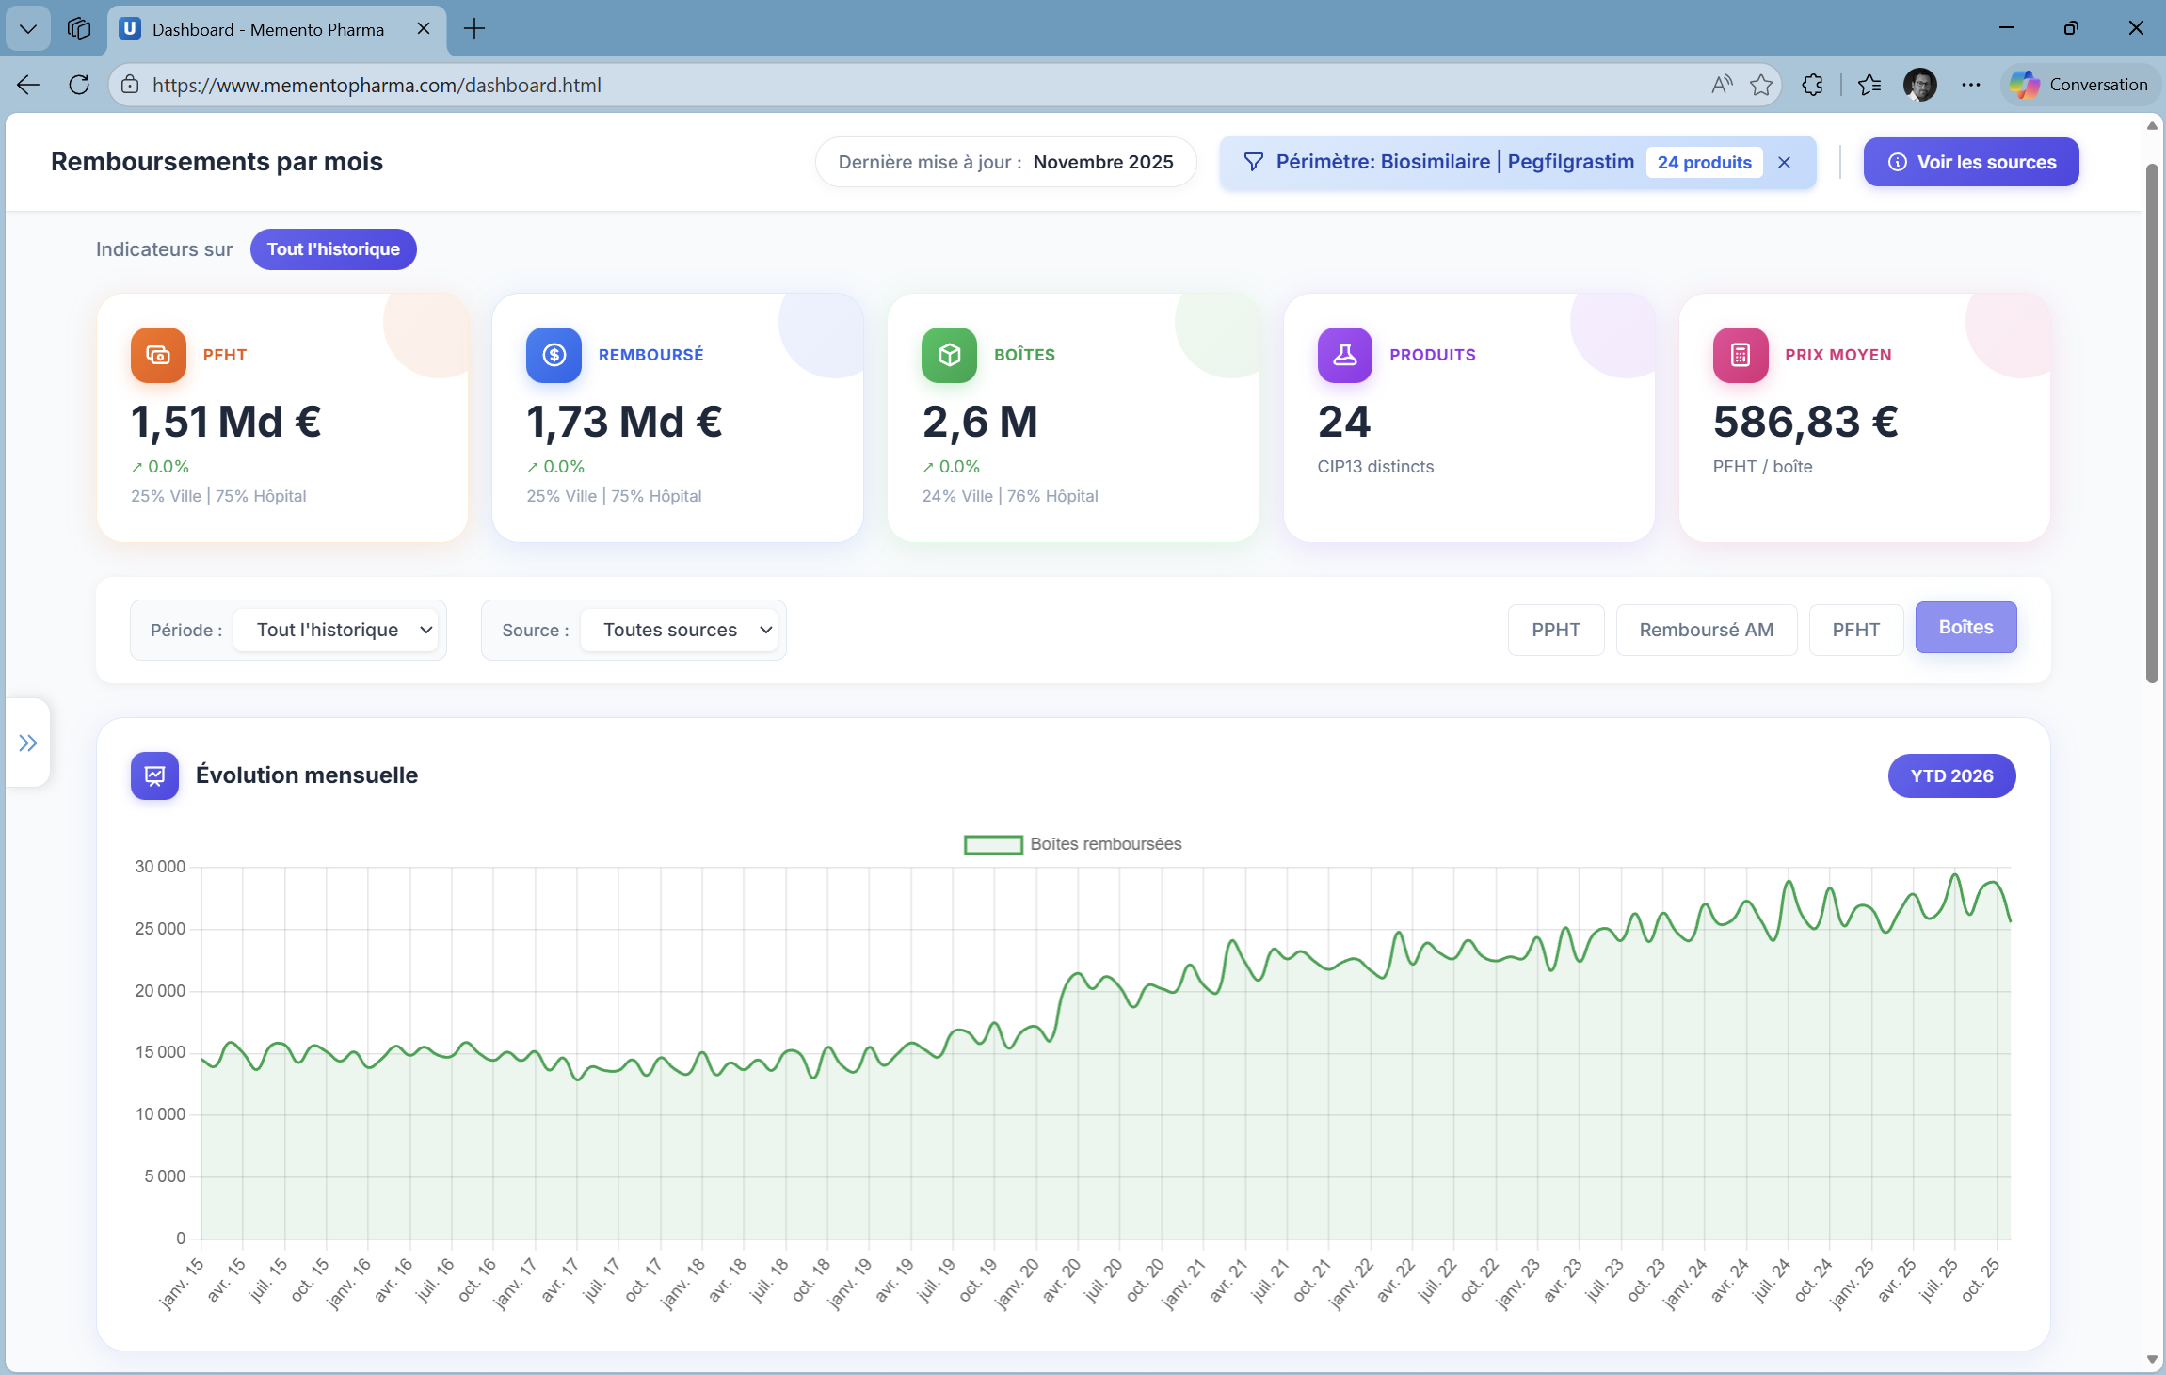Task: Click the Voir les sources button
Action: point(1970,162)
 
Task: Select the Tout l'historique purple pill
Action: point(333,249)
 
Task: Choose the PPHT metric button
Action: point(1555,630)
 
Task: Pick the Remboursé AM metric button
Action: point(1706,630)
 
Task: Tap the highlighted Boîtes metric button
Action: point(1965,628)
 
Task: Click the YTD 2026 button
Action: point(1951,775)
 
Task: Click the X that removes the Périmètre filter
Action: point(1784,162)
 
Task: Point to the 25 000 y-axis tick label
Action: point(160,929)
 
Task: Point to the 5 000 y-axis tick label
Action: point(165,1176)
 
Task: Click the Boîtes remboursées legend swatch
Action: point(993,844)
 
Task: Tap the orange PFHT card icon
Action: point(158,355)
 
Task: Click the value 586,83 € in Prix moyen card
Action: point(1805,422)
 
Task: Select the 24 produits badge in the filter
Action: point(1704,162)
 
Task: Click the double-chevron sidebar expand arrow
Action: point(28,743)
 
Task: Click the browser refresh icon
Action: point(79,85)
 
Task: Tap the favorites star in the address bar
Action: point(1760,85)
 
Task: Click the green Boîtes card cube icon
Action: point(949,355)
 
